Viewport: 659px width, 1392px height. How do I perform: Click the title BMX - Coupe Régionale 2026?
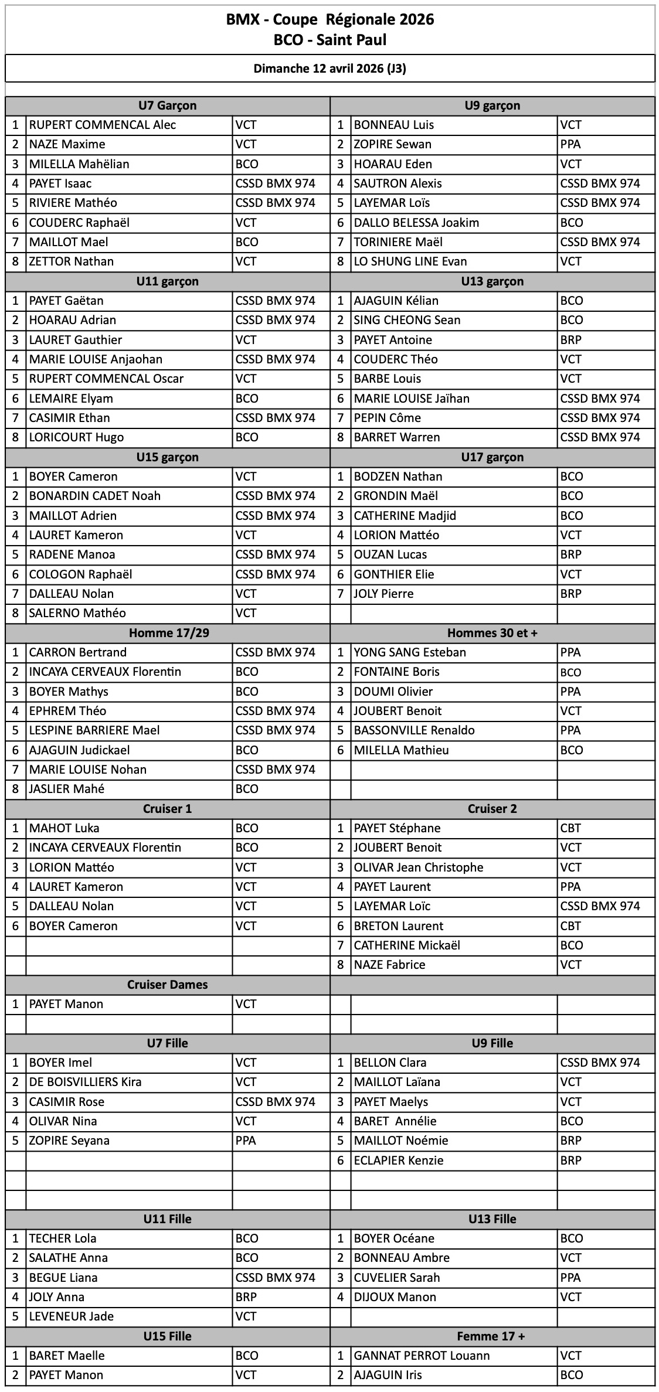pos(330,20)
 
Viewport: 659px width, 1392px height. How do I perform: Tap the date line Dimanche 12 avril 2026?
pos(330,69)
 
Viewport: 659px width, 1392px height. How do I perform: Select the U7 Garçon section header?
pos(168,105)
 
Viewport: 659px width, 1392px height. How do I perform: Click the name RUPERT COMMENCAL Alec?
pos(103,125)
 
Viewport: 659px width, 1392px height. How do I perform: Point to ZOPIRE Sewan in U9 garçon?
pos(392,144)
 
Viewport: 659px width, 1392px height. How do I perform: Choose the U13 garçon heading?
pos(492,281)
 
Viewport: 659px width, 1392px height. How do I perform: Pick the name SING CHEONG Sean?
pos(407,320)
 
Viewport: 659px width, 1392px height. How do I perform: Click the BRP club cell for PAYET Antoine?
pos(571,340)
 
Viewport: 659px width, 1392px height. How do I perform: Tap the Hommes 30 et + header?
pos(492,633)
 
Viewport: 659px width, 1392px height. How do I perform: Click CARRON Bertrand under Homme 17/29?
pos(78,652)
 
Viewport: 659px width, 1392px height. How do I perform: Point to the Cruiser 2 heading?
pos(492,809)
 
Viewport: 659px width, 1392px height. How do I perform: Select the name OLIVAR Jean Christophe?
pos(419,867)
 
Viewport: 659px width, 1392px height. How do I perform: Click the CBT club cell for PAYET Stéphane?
pos(570,828)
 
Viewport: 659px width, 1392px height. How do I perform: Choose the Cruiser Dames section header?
pos(168,985)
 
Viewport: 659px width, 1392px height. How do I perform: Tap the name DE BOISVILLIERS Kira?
pos(86,1082)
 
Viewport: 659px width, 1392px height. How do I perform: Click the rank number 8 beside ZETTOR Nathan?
pos(16,261)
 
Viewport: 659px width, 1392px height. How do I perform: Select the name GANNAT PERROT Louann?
pos(422,1356)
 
